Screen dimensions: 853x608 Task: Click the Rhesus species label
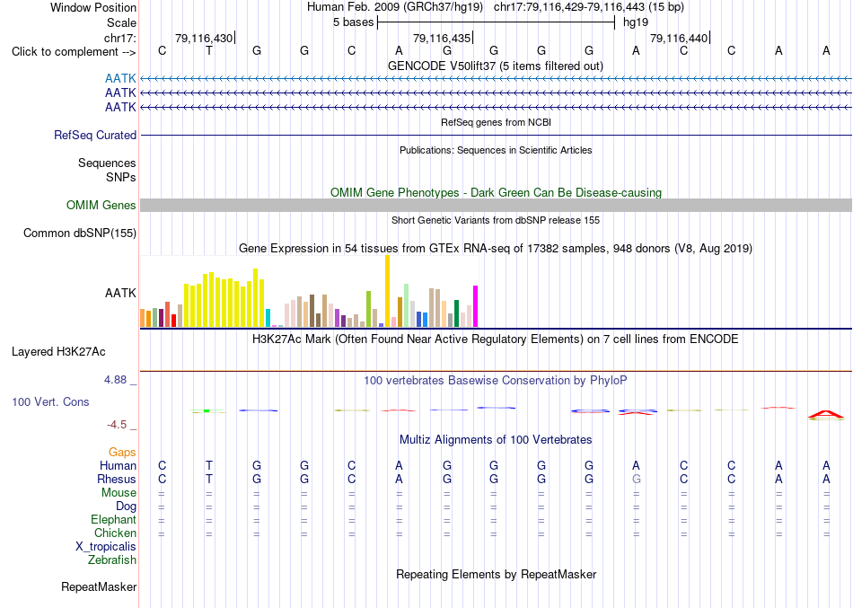tap(117, 479)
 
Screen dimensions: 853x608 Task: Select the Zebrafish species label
tap(112, 560)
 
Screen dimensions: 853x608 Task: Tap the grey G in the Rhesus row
tap(636, 479)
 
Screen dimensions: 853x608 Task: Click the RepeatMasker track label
tap(99, 586)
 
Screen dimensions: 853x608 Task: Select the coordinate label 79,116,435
tap(441, 38)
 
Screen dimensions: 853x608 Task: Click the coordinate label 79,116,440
tap(679, 38)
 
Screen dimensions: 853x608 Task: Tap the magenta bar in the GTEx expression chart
tap(476, 306)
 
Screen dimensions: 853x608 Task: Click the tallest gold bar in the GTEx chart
tap(387, 291)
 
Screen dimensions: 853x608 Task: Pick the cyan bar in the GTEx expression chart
tap(268, 318)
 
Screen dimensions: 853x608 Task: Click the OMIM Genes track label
tap(101, 205)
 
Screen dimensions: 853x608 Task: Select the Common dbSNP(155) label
tap(80, 233)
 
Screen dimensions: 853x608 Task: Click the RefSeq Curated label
tap(95, 135)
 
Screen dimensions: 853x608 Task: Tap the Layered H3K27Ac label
tap(58, 352)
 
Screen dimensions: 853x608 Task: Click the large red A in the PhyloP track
tap(826, 415)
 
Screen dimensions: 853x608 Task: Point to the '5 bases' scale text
tap(354, 22)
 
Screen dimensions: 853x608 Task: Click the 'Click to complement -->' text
tap(74, 52)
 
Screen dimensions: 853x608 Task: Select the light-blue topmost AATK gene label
tap(120, 79)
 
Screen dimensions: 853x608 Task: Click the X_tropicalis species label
tap(106, 547)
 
